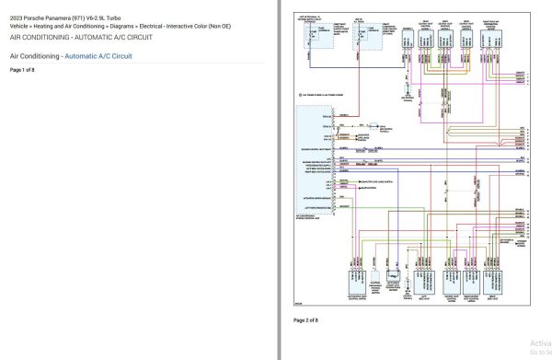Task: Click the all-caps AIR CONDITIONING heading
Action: click(x=50, y=38)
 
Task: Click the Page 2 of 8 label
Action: click(x=305, y=319)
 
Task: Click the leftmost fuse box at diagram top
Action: click(x=310, y=33)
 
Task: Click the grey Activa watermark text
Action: click(x=539, y=339)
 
